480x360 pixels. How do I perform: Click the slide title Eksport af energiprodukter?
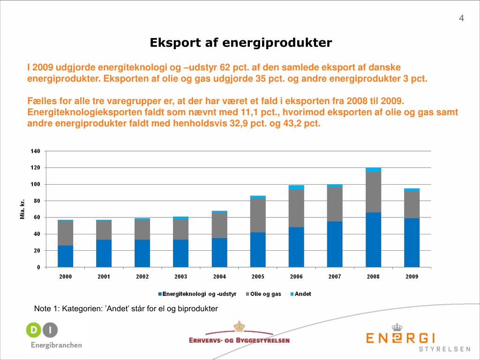240,43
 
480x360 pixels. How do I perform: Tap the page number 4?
461,19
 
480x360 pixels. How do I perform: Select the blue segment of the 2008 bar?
373,240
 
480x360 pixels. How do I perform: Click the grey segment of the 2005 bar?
258,215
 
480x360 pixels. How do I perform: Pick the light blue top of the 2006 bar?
296,187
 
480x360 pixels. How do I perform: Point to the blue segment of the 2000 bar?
66,256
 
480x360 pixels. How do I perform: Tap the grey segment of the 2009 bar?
412,204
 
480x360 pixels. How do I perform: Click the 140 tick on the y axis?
35,151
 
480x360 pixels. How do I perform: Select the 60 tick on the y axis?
37,217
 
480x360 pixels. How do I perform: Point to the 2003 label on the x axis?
181,277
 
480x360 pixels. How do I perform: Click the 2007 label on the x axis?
335,277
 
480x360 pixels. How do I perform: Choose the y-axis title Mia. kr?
22,209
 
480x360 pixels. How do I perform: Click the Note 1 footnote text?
126,308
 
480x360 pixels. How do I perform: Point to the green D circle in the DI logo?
33,330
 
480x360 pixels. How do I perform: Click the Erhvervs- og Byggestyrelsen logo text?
239,340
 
